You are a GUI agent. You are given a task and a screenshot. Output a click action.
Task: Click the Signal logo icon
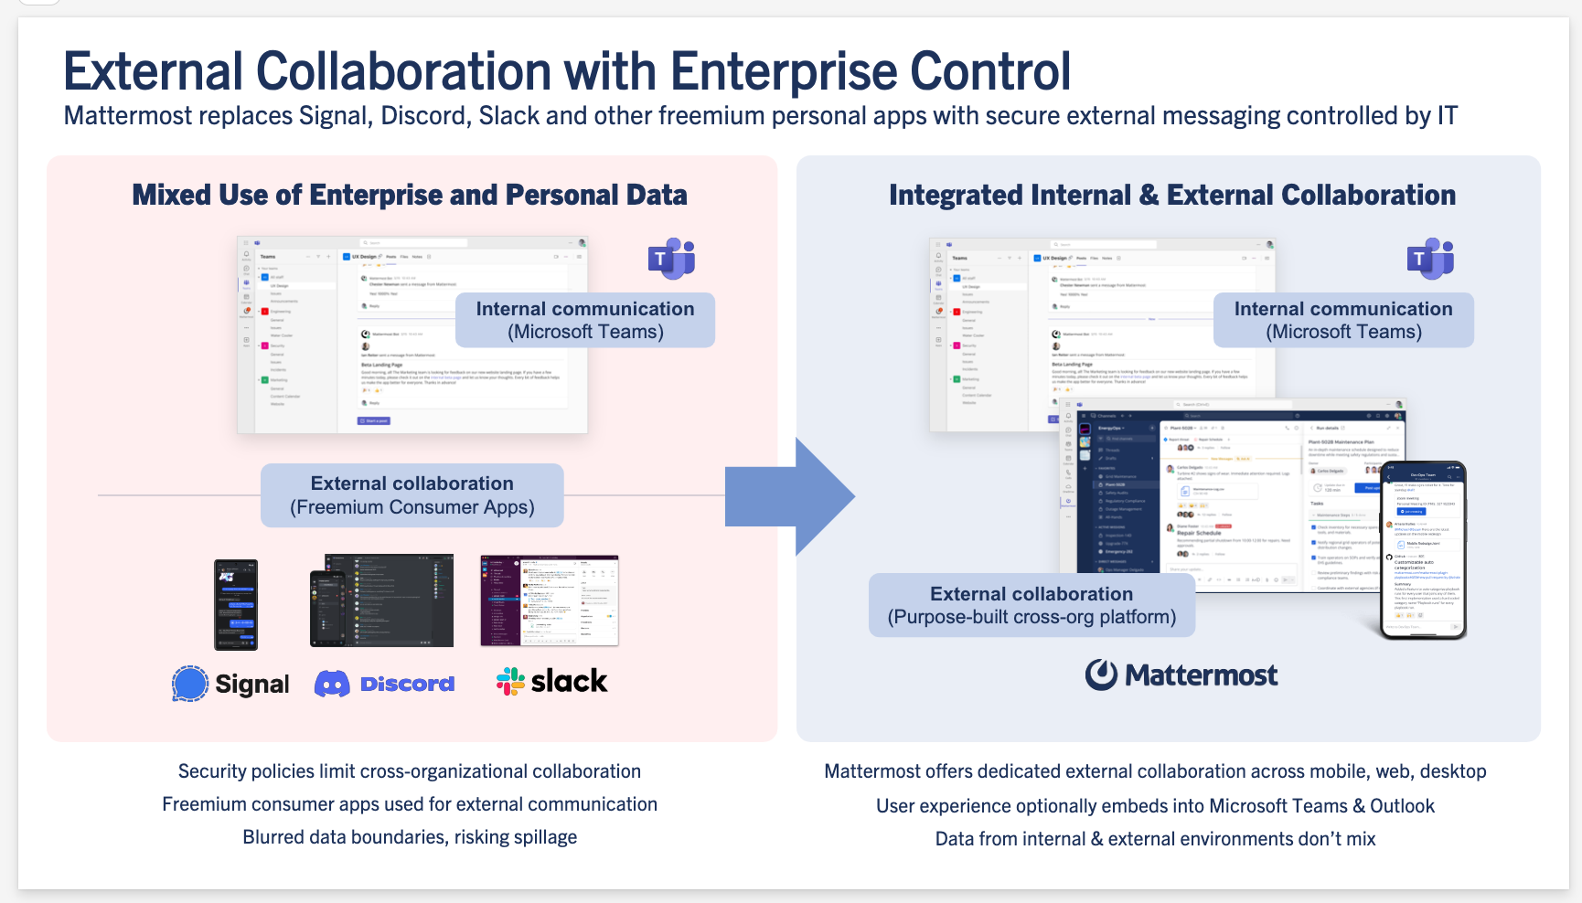(x=190, y=684)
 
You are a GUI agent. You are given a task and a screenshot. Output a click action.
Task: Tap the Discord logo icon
(x=332, y=684)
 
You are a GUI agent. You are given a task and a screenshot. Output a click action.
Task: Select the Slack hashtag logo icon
(x=510, y=681)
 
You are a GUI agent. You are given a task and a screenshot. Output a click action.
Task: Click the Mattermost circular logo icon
(x=1101, y=675)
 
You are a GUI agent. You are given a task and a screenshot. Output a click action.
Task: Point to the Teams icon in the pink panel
(x=671, y=259)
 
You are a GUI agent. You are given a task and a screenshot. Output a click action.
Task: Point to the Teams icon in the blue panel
(x=1430, y=259)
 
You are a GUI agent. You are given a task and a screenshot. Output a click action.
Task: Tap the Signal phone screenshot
(x=236, y=604)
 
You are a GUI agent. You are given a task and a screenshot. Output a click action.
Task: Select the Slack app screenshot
(x=550, y=600)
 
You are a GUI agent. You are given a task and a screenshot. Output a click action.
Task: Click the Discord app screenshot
(x=382, y=600)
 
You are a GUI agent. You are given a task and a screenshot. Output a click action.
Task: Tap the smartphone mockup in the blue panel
(x=1423, y=549)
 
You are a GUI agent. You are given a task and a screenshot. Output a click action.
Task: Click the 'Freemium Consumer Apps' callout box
(x=412, y=495)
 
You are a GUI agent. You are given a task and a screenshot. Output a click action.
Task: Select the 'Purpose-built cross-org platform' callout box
(x=1032, y=605)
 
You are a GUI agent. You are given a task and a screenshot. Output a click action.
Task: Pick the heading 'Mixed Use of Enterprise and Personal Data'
(x=410, y=195)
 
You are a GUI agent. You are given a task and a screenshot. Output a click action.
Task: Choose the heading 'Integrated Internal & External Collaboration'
(x=1172, y=195)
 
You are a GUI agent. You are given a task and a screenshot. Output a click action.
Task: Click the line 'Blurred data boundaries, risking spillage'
(x=410, y=837)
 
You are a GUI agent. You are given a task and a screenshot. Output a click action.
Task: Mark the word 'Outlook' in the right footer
(x=1402, y=806)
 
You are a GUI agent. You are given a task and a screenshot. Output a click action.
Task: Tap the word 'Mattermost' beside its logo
(x=1201, y=675)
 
